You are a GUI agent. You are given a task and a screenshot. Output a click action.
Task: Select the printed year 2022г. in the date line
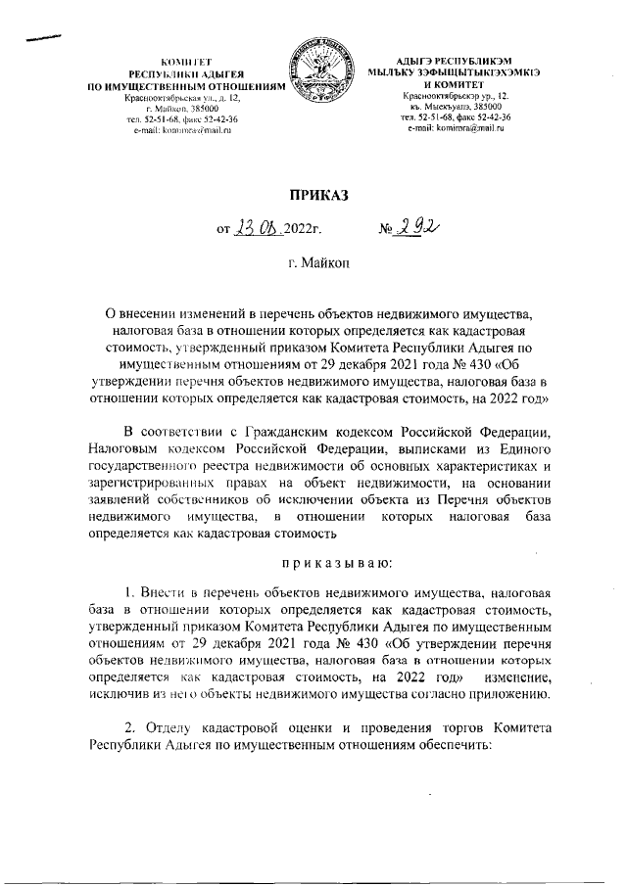pyautogui.click(x=304, y=232)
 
